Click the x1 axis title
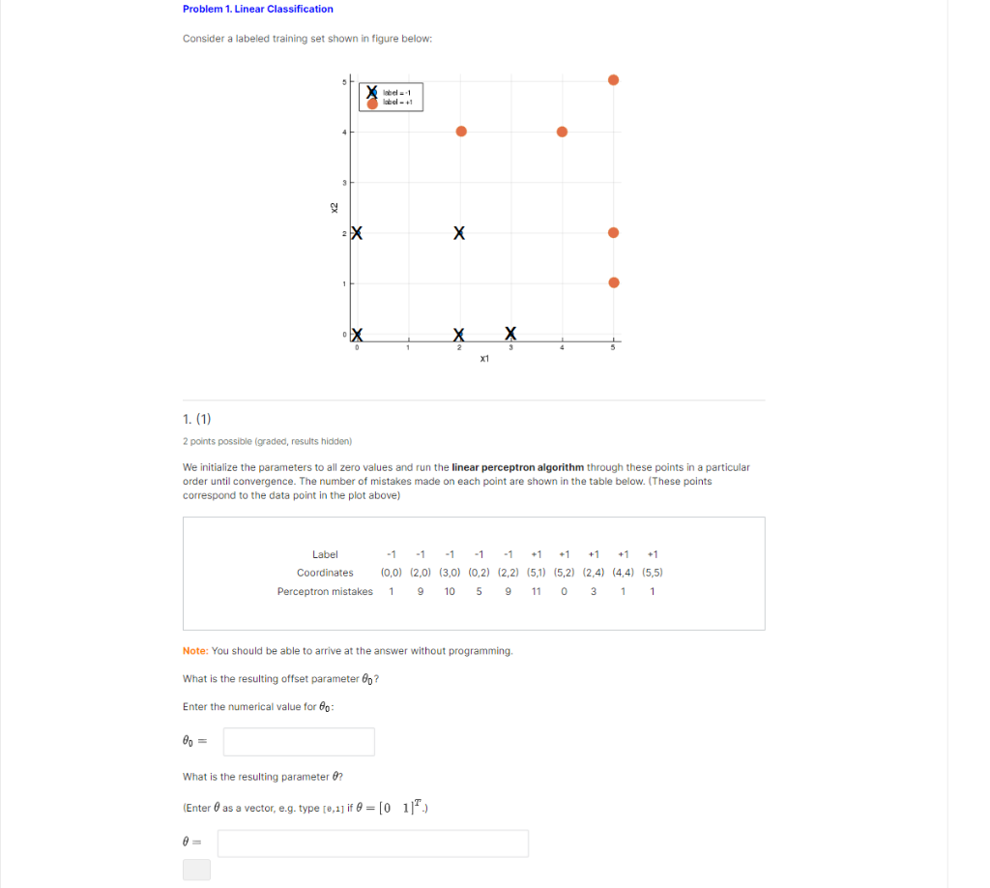click(x=484, y=359)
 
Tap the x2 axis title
click(x=334, y=207)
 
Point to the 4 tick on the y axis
click(x=343, y=132)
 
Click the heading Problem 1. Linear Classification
click(x=258, y=9)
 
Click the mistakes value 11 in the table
click(x=536, y=591)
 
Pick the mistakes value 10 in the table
click(x=450, y=591)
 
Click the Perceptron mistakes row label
click(x=324, y=591)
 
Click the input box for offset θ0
click(x=299, y=742)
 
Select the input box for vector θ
click(x=372, y=844)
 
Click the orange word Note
click(x=194, y=651)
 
